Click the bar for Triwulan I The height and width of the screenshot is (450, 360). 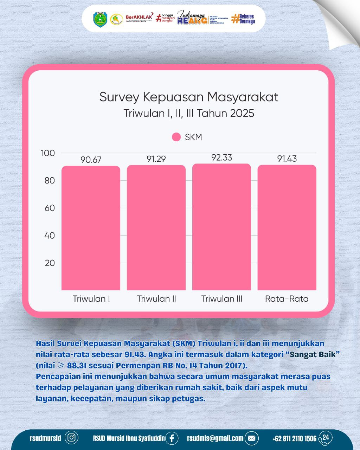coord(91,228)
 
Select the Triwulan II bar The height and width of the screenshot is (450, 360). coord(156,227)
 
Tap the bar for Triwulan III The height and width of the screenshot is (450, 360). coord(221,227)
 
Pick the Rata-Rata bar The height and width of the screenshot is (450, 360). coord(287,227)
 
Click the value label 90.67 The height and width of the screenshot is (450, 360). coord(91,160)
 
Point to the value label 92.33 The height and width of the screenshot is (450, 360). coord(221,157)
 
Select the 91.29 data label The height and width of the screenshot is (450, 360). coord(156,159)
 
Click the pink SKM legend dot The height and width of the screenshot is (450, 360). coord(176,137)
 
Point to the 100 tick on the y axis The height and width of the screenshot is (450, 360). coord(48,153)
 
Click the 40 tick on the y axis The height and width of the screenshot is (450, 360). coord(50,236)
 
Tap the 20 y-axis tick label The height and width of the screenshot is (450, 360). coord(50,263)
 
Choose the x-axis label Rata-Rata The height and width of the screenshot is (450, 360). coord(287,299)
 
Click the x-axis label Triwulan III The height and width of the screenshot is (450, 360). coord(221,299)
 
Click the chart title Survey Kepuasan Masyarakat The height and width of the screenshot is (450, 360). coord(189,97)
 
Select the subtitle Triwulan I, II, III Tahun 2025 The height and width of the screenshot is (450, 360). coord(189,114)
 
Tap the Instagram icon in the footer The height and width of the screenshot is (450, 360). coord(72,438)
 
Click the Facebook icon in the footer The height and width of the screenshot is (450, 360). coord(172,438)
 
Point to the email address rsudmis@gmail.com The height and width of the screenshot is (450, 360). coord(215,438)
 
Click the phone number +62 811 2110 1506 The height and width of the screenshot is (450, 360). coord(294,439)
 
